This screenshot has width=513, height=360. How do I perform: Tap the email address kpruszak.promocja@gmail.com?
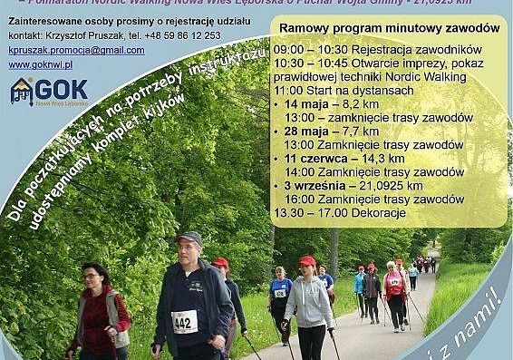72,51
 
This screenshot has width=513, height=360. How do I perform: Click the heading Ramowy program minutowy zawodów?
390,29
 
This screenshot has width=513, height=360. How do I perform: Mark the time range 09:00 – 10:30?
304,48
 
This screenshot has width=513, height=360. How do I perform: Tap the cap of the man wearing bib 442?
189,238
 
